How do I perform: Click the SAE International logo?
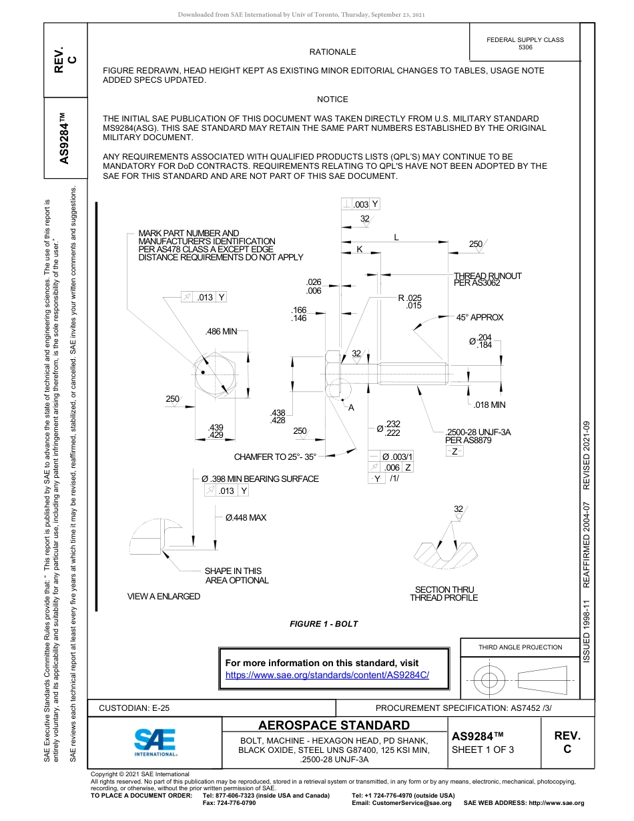(x=155, y=742)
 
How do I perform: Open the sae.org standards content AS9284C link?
(x=327, y=675)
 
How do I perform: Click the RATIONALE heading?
(x=332, y=52)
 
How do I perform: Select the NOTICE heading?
(x=332, y=99)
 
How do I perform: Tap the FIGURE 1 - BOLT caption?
(x=324, y=624)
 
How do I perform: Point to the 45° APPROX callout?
(x=480, y=318)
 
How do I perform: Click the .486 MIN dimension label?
(x=221, y=331)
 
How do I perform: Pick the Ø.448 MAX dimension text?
(x=246, y=517)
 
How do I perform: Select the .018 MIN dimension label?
(x=489, y=404)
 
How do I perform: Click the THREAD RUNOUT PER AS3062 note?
(x=487, y=280)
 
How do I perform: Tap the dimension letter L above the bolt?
(x=396, y=238)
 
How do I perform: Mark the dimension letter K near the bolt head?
(x=359, y=249)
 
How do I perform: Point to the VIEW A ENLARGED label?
(x=164, y=596)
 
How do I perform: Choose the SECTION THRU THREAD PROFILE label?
(x=444, y=593)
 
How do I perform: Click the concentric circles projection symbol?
(x=490, y=681)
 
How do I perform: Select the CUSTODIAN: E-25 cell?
(x=139, y=708)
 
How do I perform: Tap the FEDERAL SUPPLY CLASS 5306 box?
(x=525, y=43)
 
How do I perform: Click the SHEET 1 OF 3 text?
(x=483, y=749)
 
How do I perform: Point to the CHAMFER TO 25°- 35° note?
(x=275, y=457)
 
